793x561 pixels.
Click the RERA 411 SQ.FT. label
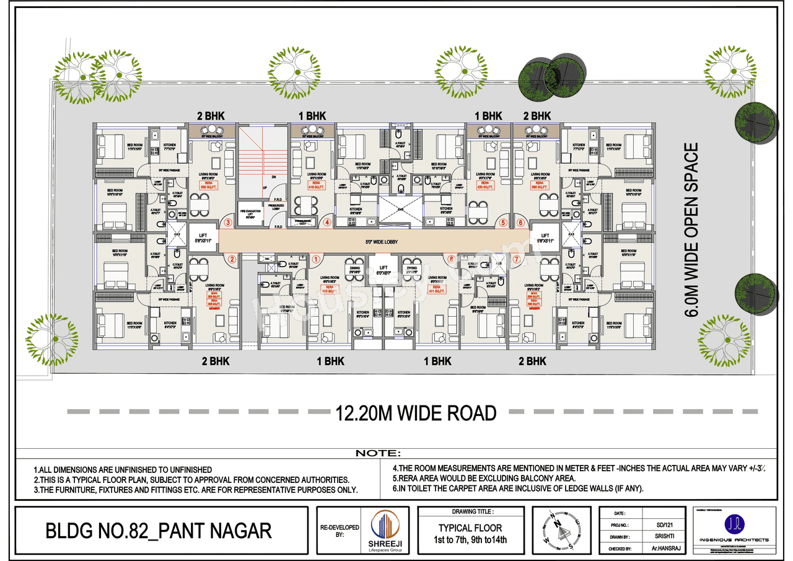pos(437,289)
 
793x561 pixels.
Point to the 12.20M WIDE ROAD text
pos(416,413)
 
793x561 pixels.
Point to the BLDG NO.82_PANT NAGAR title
pos(159,531)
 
